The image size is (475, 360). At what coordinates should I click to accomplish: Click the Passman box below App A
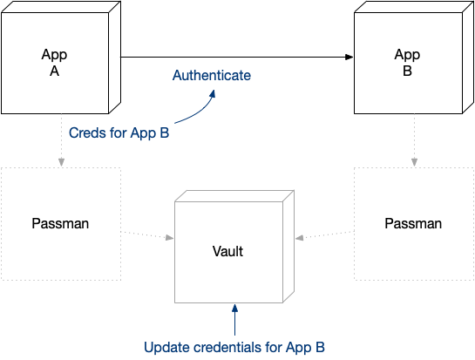[x=59, y=224]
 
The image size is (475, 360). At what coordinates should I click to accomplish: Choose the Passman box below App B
[x=412, y=224]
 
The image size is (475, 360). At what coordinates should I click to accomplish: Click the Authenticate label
[x=212, y=76]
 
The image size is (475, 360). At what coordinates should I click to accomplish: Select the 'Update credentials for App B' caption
[x=234, y=347]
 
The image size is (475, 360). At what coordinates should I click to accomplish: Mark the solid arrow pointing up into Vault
[x=234, y=318]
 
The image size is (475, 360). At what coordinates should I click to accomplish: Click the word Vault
[x=227, y=252]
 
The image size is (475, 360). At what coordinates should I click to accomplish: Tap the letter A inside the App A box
[x=54, y=70]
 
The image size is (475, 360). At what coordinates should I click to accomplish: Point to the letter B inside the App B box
[x=407, y=70]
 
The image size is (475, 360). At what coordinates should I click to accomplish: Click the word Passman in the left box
[x=59, y=224]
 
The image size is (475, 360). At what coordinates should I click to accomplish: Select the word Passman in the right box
[x=412, y=224]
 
